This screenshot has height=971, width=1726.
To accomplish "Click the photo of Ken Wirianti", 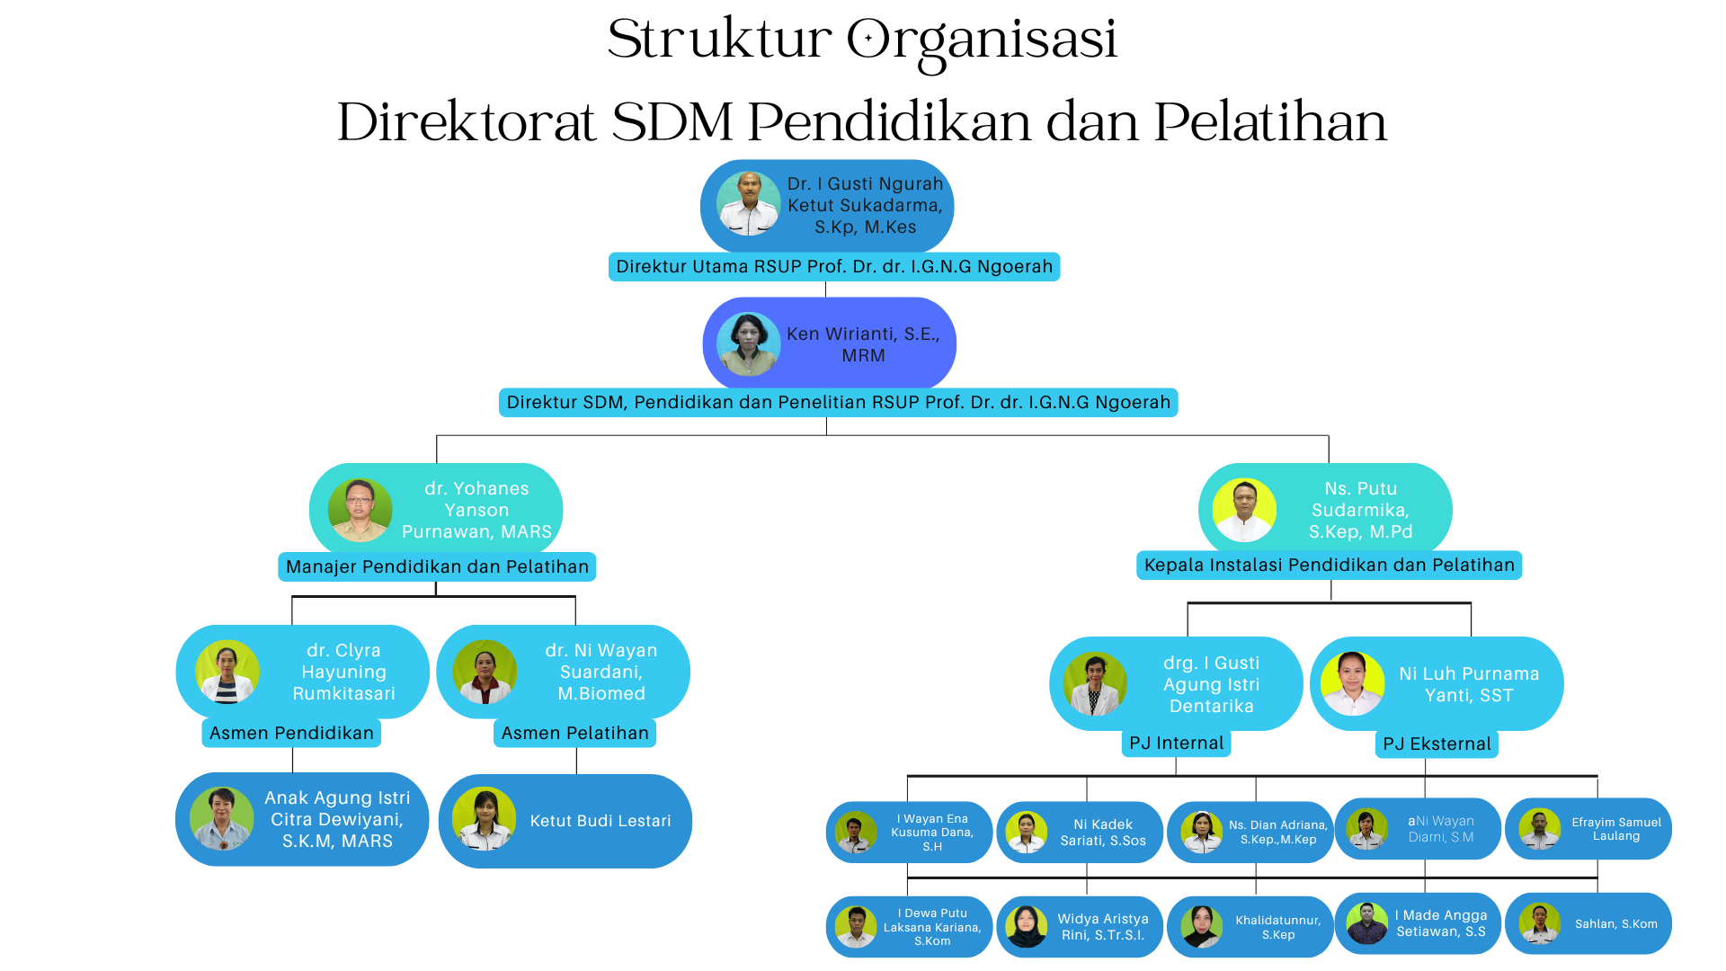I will coord(748,343).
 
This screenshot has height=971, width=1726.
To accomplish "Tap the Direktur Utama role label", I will coord(833,267).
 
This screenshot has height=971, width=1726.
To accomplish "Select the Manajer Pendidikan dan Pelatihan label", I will coord(437,567).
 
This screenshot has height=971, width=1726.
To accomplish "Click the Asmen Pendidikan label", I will coord(291,734).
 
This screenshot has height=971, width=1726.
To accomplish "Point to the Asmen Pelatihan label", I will coord(574,734).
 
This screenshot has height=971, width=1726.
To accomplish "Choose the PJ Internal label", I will coord(1176,744).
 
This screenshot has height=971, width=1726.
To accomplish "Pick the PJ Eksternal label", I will coord(1437,744).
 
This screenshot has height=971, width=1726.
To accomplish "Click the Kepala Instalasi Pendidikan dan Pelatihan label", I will coord(1329,566).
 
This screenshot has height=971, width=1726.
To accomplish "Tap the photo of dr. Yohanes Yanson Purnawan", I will coord(360,510).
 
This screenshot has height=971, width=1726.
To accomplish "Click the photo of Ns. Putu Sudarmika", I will coord(1244,510).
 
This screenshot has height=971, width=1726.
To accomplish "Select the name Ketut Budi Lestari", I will coord(601,821).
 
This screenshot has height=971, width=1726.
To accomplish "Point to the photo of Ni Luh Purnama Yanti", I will coord(1352,684).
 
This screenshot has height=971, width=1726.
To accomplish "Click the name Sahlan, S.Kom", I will coord(1615,924).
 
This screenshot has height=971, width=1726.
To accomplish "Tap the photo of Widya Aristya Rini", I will coord(1026,926).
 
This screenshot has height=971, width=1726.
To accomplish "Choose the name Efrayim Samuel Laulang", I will coord(1615,829).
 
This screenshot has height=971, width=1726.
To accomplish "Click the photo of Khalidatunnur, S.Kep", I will coord(1201,926).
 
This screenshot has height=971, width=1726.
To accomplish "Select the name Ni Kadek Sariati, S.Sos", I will coord(1103,833).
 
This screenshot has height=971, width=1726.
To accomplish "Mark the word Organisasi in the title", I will coord(982,40).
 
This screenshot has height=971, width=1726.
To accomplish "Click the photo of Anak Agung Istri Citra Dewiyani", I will coord(221,819).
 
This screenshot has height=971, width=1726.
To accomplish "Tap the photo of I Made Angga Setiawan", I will coord(1366,923).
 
